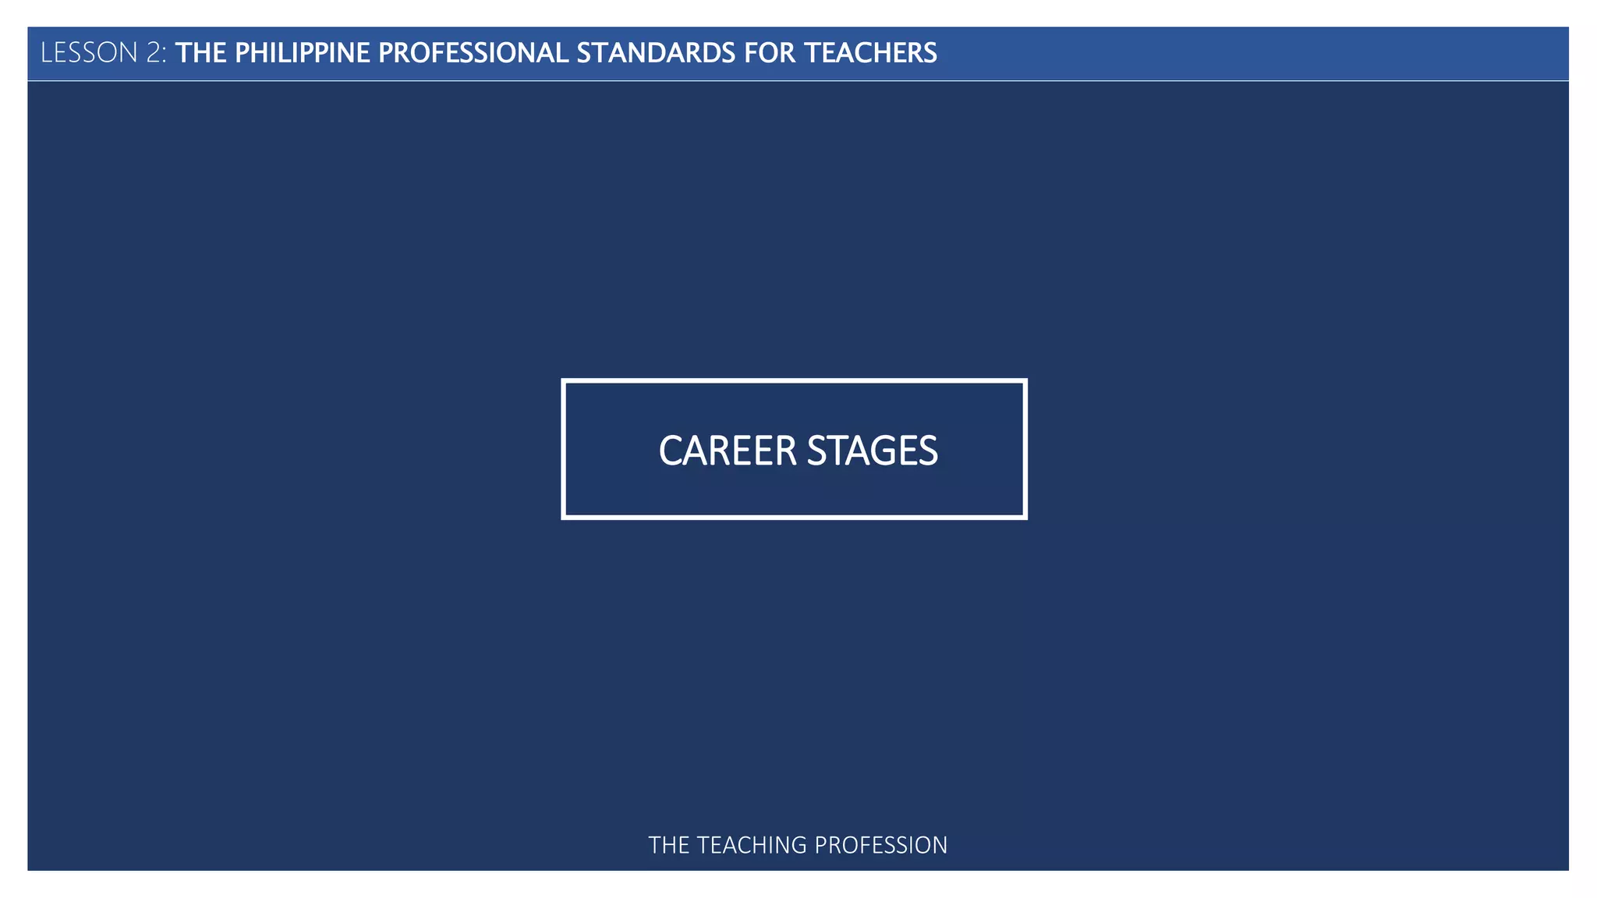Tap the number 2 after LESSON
coord(153,53)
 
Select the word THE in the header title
coord(200,53)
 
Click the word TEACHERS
coord(870,53)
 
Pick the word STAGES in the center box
coord(872,451)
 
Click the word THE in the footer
coord(668,845)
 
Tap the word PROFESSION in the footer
coord(881,845)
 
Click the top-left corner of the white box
coord(564,381)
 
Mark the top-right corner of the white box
coord(1025,381)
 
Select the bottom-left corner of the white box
coord(564,517)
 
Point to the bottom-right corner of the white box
coord(1025,517)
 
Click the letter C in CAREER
coord(671,451)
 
